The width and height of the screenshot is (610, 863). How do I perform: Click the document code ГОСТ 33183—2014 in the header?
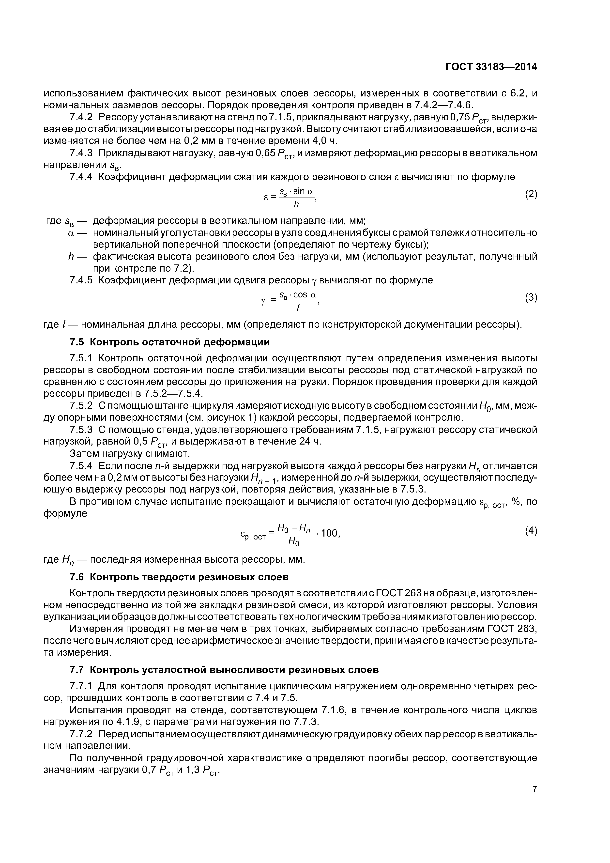coord(491,67)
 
